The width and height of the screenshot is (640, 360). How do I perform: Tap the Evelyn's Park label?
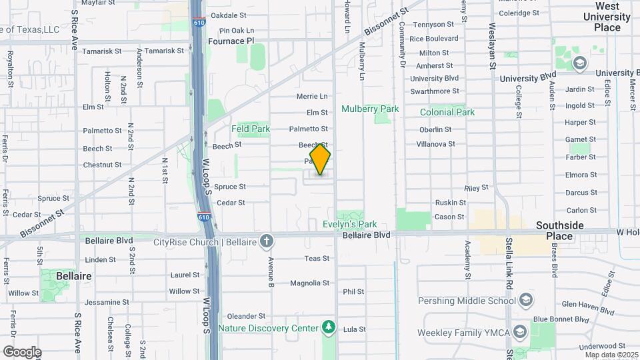(349, 225)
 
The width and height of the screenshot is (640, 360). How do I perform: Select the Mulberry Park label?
(370, 109)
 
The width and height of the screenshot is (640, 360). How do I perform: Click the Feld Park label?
(251, 128)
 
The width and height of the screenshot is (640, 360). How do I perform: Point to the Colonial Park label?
(447, 112)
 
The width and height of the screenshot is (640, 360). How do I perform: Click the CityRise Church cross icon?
(266, 241)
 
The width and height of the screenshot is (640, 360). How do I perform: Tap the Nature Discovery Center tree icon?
(328, 327)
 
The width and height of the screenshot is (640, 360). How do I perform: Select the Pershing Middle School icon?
(525, 299)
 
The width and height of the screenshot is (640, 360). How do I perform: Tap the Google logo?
(22, 351)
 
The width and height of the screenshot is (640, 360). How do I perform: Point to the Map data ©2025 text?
(611, 354)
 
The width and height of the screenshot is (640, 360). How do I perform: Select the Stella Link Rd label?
(509, 259)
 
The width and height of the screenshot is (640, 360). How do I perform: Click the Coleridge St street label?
(518, 13)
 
